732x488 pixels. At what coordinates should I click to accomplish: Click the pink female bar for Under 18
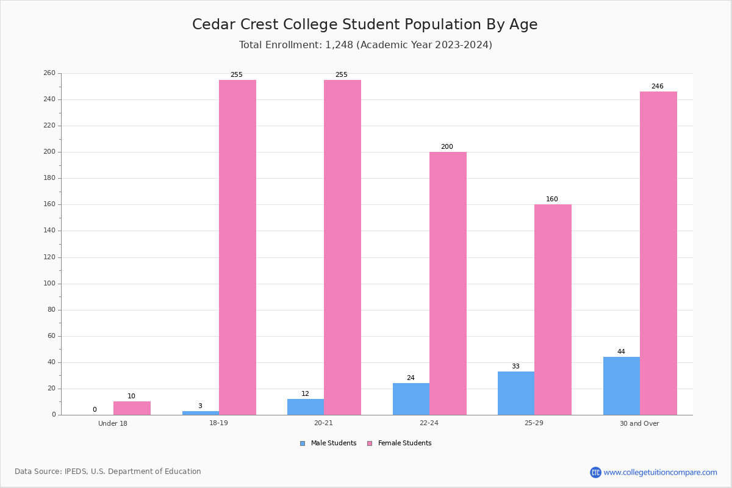[x=132, y=408]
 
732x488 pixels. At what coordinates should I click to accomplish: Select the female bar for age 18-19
[x=237, y=247]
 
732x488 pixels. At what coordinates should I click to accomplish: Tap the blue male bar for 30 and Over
[x=622, y=386]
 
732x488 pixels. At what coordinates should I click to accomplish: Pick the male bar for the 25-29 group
[x=516, y=393]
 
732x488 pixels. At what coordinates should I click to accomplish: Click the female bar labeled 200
[x=448, y=283]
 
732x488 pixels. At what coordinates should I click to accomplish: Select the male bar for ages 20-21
[x=306, y=407]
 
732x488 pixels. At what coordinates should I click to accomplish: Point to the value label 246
[x=657, y=87]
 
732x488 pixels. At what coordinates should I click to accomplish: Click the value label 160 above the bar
[x=552, y=199]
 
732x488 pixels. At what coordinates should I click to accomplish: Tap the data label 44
[x=621, y=352]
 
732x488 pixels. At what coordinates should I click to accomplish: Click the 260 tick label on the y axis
[x=49, y=73]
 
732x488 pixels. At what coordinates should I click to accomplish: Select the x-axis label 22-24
[x=429, y=423]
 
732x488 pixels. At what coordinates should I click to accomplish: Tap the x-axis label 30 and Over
[x=639, y=423]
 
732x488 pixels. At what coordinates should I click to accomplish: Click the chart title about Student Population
[x=365, y=24]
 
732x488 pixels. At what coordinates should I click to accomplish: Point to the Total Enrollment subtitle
[x=365, y=45]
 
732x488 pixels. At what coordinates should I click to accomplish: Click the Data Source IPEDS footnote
[x=108, y=472]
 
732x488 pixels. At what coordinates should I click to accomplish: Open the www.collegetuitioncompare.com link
[x=660, y=472]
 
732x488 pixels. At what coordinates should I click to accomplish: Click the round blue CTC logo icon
[x=595, y=472]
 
